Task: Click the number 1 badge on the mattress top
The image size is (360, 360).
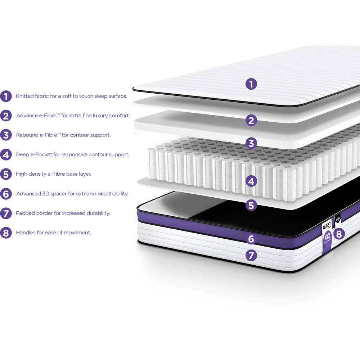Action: coord(251,84)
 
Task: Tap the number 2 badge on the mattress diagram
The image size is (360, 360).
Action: coord(251,120)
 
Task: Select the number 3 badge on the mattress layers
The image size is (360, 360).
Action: coord(251,143)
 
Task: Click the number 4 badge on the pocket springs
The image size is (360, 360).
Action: coord(251,181)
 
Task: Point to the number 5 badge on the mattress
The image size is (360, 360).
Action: coord(251,205)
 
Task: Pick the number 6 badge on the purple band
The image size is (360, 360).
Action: coord(251,239)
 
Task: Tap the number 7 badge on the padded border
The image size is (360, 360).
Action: coord(251,256)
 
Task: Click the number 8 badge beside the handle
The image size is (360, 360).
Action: coord(339,234)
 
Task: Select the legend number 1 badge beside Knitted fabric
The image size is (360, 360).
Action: coord(6,96)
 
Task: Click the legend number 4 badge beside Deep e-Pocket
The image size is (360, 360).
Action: coord(6,155)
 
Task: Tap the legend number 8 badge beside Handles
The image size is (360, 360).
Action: coord(6,233)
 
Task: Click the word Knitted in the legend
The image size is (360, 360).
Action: coord(25,96)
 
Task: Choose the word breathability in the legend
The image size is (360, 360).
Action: coord(110,194)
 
